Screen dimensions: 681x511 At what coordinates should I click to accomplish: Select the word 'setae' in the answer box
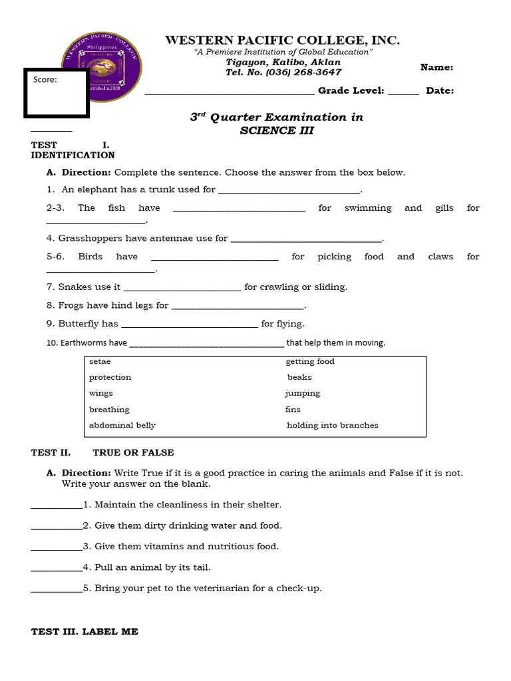click(100, 362)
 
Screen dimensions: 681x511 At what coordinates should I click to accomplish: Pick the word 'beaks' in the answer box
click(299, 377)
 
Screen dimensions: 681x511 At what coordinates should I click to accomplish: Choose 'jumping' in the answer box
click(303, 393)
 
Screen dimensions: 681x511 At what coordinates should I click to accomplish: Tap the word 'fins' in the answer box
click(293, 410)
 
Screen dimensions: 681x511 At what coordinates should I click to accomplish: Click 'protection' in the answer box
click(110, 377)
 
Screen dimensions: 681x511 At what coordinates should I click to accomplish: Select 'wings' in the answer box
click(101, 393)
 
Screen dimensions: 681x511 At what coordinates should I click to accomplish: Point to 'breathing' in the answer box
click(109, 410)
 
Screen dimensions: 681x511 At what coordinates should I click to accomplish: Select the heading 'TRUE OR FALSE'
click(133, 453)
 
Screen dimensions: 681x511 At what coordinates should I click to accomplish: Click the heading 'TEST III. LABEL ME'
click(85, 632)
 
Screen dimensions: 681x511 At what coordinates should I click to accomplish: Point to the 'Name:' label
click(437, 67)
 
